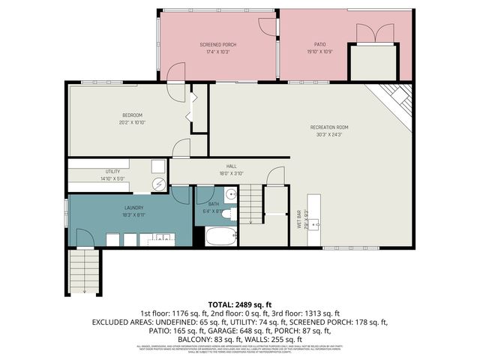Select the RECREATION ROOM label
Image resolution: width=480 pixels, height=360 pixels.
329,127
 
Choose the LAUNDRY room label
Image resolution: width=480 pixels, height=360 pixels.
134,208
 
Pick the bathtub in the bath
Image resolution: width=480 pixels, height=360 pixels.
219,237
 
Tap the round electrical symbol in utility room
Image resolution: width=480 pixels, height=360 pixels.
160,184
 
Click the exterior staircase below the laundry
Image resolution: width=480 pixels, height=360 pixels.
84,271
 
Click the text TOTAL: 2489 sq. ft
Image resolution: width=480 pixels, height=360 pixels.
240,304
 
